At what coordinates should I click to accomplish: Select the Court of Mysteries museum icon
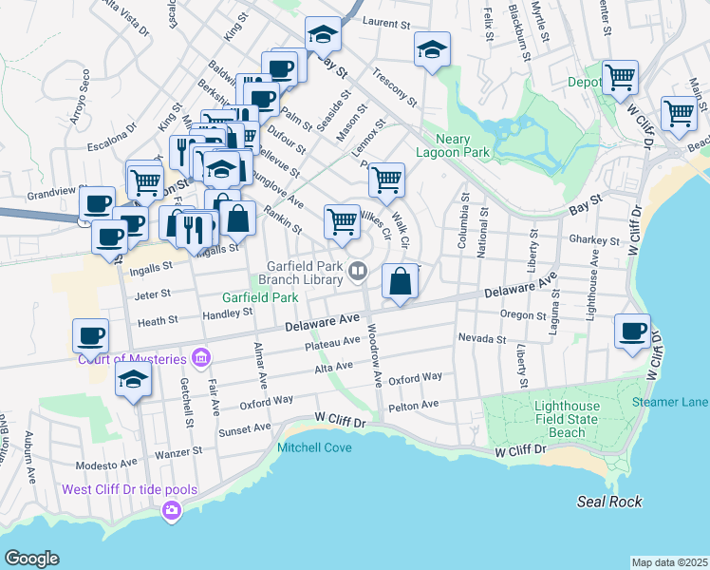pos(200,359)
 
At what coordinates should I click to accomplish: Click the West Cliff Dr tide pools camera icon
pos(172,512)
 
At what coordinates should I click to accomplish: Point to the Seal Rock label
pos(609,501)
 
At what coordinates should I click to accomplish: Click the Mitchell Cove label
pos(314,447)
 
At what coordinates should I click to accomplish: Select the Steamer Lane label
pos(670,403)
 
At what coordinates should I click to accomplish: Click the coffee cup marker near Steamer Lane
pos(633,332)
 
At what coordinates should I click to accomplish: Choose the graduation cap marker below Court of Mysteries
pos(133,380)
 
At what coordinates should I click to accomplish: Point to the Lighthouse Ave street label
pos(593,272)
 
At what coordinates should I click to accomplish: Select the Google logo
pos(32,559)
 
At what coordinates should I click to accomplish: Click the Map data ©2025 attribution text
pos(669,562)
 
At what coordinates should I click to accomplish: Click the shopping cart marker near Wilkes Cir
pos(342,221)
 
